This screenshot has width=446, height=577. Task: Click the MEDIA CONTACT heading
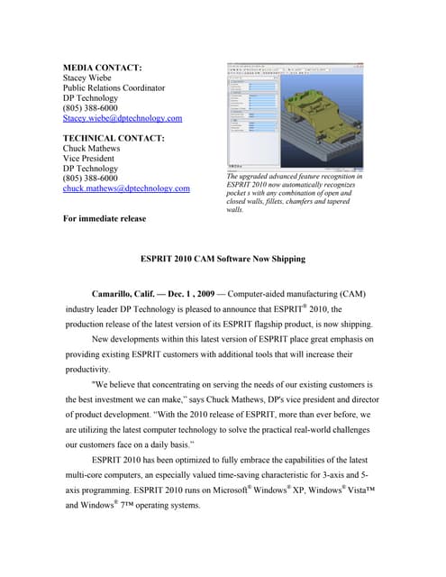(x=102, y=68)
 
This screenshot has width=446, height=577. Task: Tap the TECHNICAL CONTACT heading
(x=113, y=138)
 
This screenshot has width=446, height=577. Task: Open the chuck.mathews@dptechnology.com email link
(x=125, y=188)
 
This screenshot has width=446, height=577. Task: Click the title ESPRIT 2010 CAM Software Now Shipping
(x=223, y=259)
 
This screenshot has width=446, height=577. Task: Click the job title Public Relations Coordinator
(x=114, y=88)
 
